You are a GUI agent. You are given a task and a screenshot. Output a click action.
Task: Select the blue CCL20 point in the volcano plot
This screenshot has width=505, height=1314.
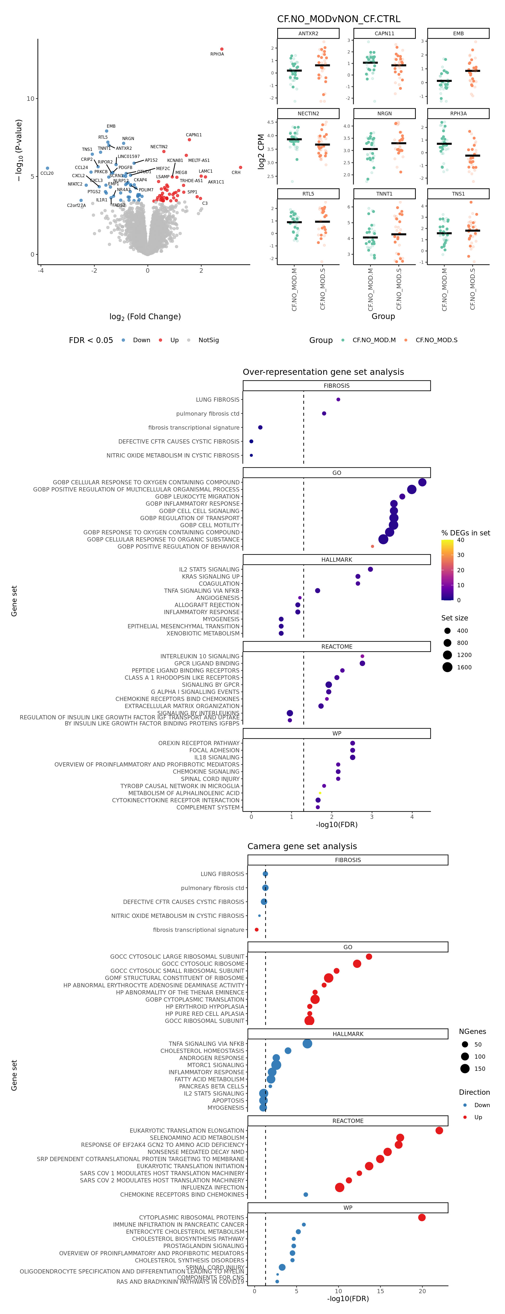click(47, 168)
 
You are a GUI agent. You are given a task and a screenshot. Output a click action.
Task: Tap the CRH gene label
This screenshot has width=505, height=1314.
click(236, 172)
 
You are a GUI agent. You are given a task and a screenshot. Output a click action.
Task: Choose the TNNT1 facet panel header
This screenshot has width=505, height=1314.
click(384, 194)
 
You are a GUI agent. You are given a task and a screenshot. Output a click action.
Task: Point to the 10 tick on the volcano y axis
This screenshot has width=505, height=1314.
click(31, 98)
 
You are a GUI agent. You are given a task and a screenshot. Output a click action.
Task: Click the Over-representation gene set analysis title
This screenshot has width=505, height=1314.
click(323, 372)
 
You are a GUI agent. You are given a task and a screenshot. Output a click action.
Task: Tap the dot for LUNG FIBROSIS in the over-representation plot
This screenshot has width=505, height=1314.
click(338, 399)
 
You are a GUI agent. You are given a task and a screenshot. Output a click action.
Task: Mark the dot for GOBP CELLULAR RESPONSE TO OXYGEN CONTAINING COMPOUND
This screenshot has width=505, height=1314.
click(422, 482)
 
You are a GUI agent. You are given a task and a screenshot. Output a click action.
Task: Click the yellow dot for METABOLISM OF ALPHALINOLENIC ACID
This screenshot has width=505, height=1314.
click(320, 793)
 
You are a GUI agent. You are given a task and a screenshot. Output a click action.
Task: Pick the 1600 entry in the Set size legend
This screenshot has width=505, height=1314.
click(464, 667)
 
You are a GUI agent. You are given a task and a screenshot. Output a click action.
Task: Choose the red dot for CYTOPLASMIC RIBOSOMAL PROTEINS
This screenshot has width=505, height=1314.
click(422, 1217)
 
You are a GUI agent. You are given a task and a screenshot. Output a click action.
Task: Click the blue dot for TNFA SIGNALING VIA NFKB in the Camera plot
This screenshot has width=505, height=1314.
click(307, 1044)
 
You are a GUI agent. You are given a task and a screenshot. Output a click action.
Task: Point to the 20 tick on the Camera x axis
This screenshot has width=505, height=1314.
click(422, 1291)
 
